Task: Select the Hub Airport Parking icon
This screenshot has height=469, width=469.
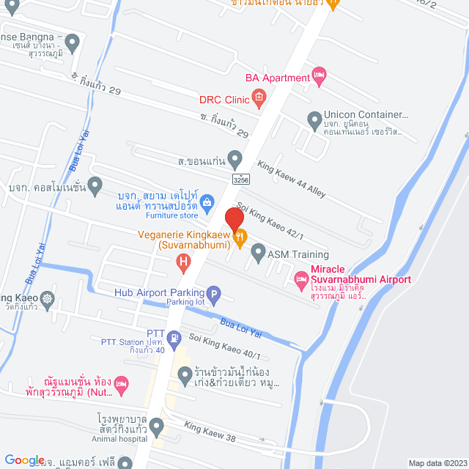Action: click(x=213, y=295)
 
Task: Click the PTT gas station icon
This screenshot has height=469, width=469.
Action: click(x=174, y=338)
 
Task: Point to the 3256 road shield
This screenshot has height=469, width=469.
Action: click(x=240, y=179)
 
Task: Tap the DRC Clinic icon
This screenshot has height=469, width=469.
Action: click(x=258, y=96)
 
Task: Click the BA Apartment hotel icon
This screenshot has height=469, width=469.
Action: click(x=318, y=74)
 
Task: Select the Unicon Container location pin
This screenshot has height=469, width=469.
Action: click(x=314, y=119)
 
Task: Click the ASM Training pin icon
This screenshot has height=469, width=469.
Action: click(x=258, y=254)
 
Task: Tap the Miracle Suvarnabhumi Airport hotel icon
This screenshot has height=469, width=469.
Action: click(x=300, y=279)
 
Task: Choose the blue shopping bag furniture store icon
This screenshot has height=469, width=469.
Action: click(x=207, y=201)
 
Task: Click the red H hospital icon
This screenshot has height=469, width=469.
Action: click(x=183, y=259)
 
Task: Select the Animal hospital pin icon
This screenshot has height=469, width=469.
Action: click(x=156, y=426)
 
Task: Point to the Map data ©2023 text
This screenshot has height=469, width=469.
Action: click(x=437, y=463)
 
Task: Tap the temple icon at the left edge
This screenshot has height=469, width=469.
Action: click(x=48, y=298)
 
